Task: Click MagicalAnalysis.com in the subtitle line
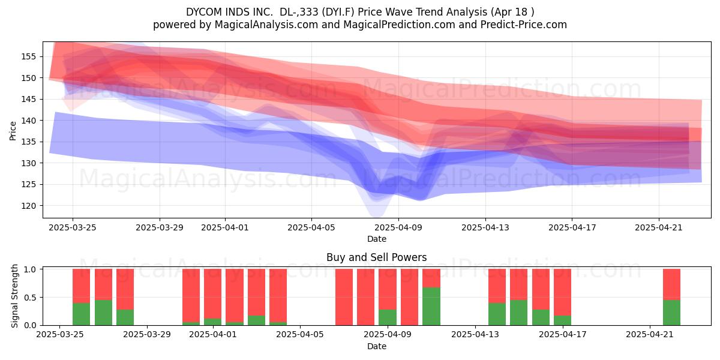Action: pyautogui.click(x=266, y=25)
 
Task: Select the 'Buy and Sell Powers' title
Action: pyautogui.click(x=377, y=257)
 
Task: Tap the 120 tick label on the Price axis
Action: pyautogui.click(x=28, y=206)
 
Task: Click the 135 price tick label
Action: pyautogui.click(x=28, y=142)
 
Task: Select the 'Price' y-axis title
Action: pyautogui.click(x=13, y=131)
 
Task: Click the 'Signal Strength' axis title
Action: pyautogui.click(x=14, y=296)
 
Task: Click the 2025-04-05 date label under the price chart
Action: pyautogui.click(x=311, y=227)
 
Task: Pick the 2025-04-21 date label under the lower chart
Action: pyautogui.click(x=650, y=334)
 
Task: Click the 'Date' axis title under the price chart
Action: pyautogui.click(x=377, y=239)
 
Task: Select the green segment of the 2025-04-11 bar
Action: pyautogui.click(x=431, y=307)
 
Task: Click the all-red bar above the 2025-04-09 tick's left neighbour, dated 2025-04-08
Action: pyautogui.click(x=366, y=297)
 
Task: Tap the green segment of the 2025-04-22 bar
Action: pyautogui.click(x=672, y=313)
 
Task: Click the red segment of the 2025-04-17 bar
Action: pyautogui.click(x=563, y=292)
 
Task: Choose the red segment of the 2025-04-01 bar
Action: pyautogui.click(x=213, y=294)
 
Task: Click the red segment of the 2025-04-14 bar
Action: pyautogui.click(x=497, y=286)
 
